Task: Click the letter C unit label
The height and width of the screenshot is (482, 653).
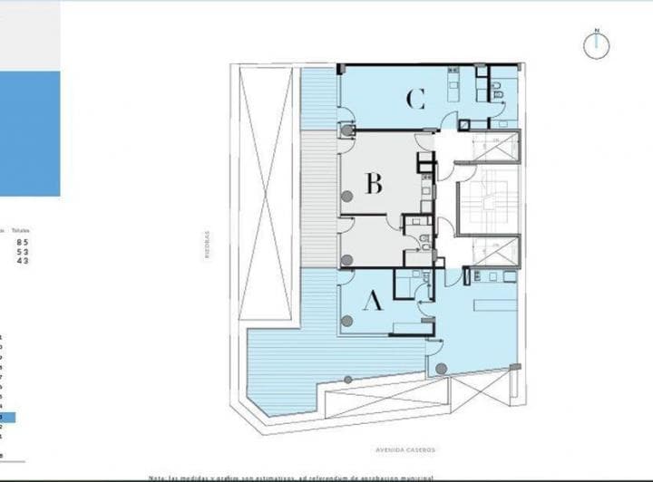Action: coord(415,98)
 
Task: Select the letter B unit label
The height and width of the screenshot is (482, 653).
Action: coord(374,184)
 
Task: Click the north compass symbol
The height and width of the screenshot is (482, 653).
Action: coord(597,43)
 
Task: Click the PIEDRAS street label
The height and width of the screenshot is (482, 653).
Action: coord(207,244)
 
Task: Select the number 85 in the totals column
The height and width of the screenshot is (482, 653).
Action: coord(23,242)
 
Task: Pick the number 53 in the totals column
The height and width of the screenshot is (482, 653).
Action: coord(23,252)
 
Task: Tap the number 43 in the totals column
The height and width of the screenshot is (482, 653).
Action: coord(23,261)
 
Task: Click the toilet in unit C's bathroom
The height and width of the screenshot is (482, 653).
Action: coord(498,93)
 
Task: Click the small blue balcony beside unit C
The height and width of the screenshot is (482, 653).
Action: coord(318,98)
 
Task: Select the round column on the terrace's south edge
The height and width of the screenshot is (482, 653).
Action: coord(347,380)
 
